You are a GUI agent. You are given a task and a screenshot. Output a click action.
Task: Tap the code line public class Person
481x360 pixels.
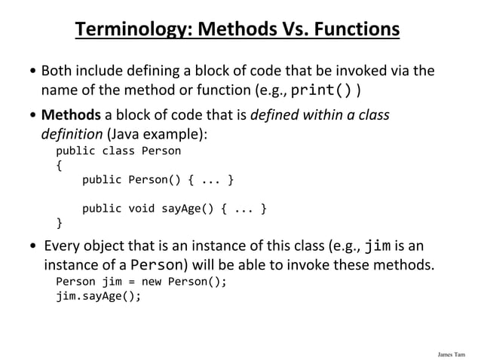click(118, 151)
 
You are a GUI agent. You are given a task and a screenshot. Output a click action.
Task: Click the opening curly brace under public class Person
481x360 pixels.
click(60, 165)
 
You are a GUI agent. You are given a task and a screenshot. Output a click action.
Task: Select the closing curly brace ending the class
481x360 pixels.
click(60, 222)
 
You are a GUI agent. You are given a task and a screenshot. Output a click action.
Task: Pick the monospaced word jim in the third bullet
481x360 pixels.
click(378, 246)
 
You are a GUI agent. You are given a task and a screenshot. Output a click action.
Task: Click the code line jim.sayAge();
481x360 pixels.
click(98, 296)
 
